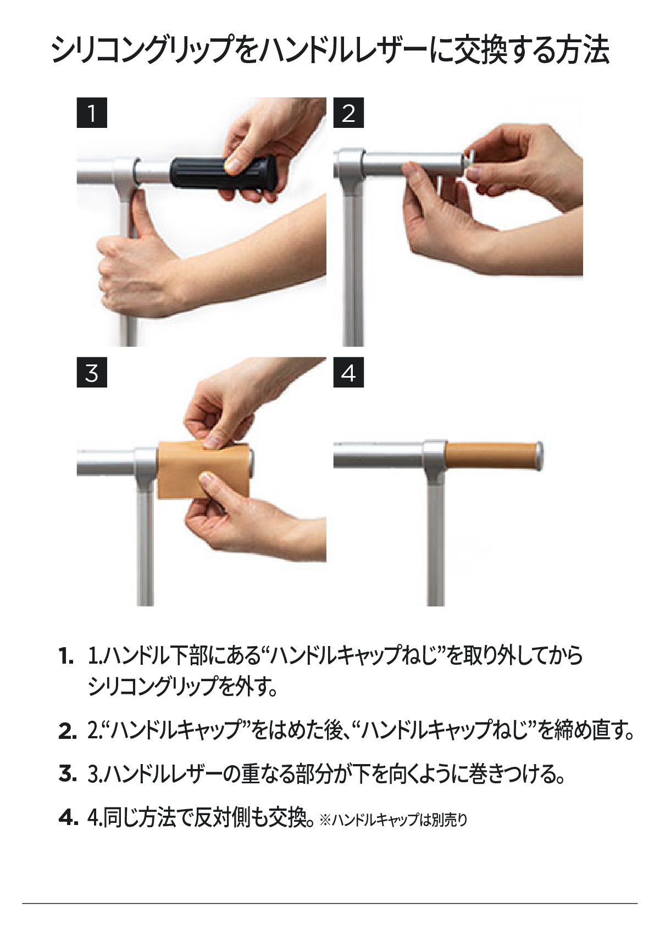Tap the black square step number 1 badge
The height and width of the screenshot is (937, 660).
(92, 113)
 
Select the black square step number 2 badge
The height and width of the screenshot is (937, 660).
(348, 113)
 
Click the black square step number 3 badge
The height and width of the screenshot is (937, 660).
(92, 372)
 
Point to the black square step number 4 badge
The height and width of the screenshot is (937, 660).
(348, 372)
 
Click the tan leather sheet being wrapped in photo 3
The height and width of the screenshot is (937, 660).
(203, 470)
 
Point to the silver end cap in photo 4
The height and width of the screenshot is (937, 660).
(540, 456)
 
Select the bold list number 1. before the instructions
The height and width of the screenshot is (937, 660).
(66, 657)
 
